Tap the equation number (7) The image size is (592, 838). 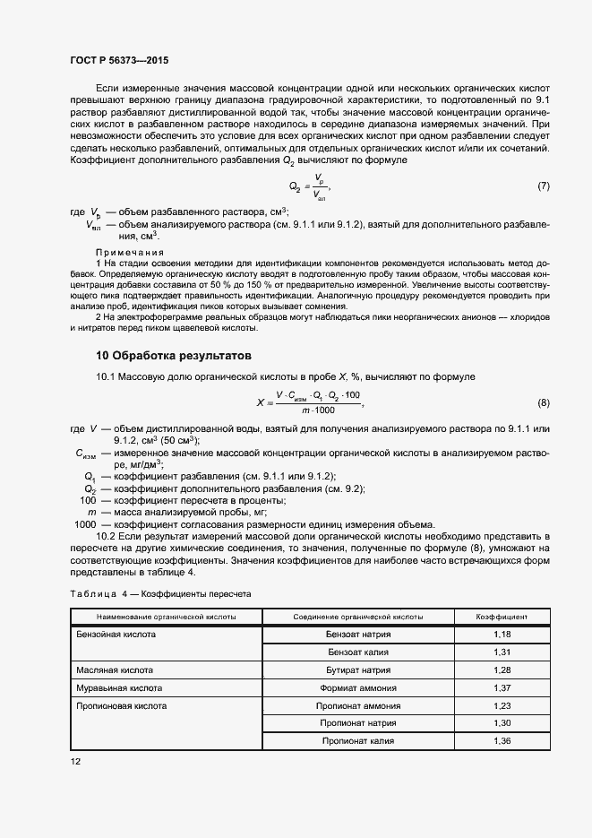coord(543,186)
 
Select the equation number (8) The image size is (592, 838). coord(543,402)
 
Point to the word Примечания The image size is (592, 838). coord(126,253)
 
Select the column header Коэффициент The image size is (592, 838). coord(502,618)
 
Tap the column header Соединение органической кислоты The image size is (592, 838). coord(358,618)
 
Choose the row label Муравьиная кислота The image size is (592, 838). coord(122,688)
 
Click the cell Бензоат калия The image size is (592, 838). coord(358,652)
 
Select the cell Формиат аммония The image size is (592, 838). coord(358,688)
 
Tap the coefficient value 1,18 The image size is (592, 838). coord(502,635)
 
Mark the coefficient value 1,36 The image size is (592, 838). coord(502,741)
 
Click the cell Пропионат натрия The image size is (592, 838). coord(358,723)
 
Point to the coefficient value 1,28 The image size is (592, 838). coord(502,670)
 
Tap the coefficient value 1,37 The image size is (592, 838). coord(502,688)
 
